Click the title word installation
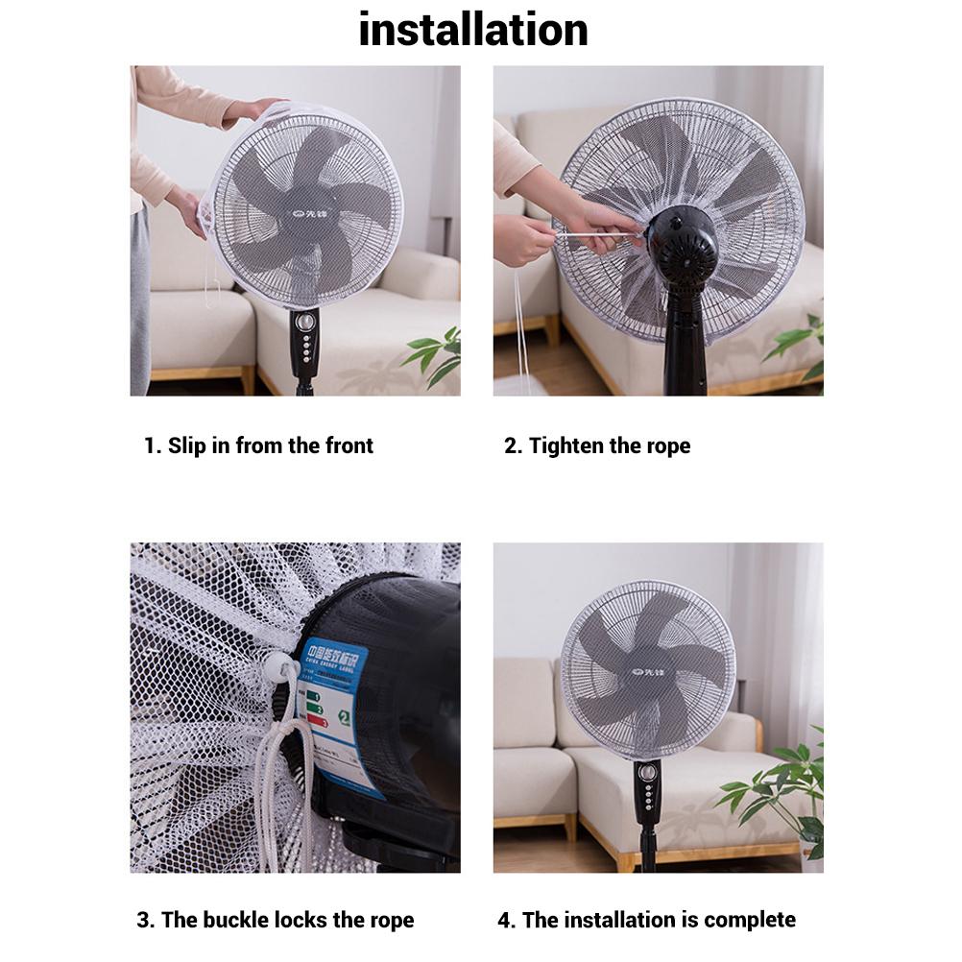click(472, 30)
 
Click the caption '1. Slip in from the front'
click(258, 445)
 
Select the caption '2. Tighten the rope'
click(597, 445)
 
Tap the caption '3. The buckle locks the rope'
click(276, 920)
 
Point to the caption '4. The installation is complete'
click(646, 920)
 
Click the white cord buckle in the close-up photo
click(282, 664)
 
